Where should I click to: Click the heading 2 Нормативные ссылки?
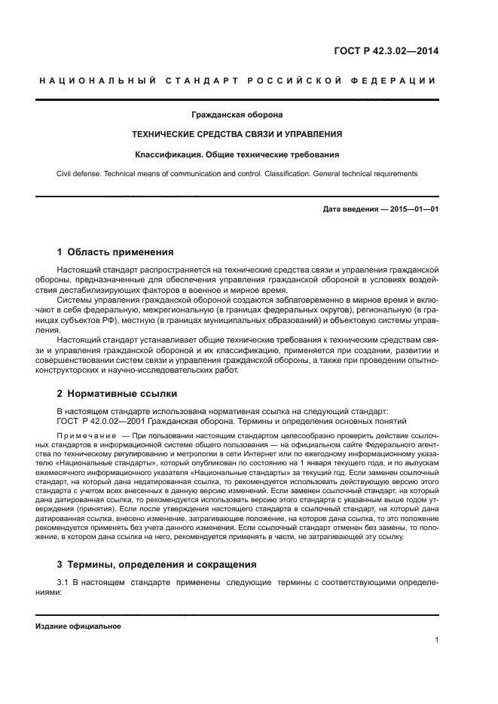117,393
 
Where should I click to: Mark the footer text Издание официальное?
78,626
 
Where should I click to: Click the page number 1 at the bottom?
436,640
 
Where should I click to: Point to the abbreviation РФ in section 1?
104,319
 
